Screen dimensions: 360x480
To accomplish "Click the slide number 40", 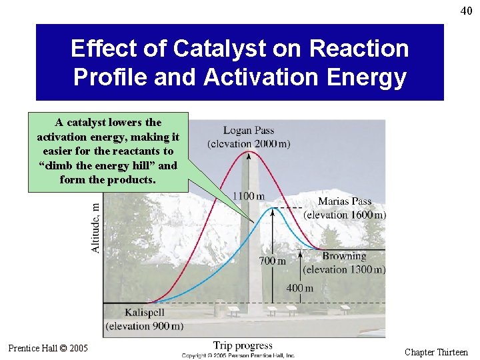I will point(465,10).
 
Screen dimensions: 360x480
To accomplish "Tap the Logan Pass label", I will point(249,131).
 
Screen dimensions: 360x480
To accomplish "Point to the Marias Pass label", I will point(345,201).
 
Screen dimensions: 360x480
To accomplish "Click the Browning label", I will point(345,256).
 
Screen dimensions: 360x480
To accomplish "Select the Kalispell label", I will point(144,312).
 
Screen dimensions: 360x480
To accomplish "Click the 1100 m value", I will point(247,196).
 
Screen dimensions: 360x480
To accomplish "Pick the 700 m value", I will point(272,261).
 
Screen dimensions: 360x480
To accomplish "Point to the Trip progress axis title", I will point(243,345).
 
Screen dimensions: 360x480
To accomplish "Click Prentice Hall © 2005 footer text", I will point(48,348).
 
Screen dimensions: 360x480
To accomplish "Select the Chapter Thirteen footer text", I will point(436,352).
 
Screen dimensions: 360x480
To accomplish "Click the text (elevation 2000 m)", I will point(249,144).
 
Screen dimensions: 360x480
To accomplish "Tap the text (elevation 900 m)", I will point(144,326).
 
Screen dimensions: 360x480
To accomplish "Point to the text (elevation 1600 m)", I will point(345,215).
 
